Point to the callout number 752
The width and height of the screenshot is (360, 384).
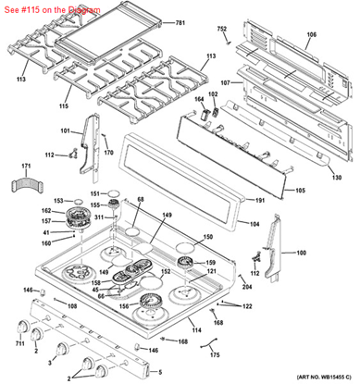coord(222,30)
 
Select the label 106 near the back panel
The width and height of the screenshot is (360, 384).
coord(311,35)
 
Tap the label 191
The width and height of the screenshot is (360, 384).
coord(260,201)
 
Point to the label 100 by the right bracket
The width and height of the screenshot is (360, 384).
coord(301,253)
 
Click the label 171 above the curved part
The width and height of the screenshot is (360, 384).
coord(25,164)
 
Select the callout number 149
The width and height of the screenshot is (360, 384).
coord(168,216)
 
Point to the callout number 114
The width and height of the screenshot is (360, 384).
coord(195,329)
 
